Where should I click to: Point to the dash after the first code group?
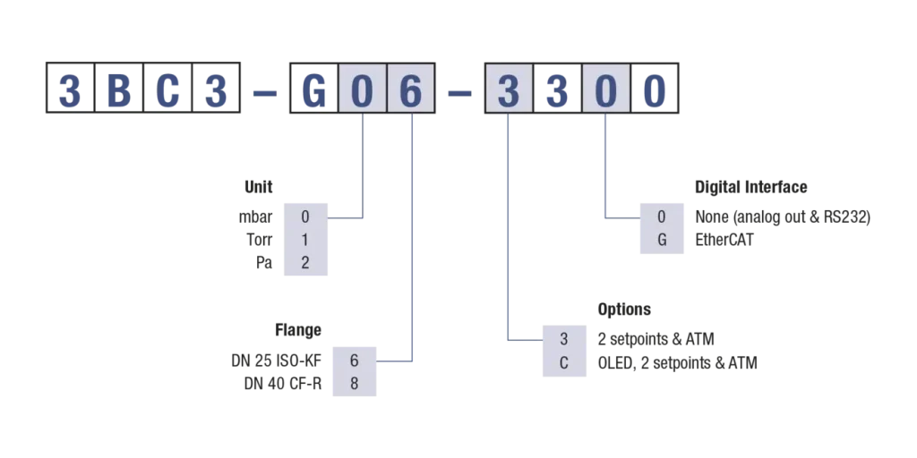(x=264, y=91)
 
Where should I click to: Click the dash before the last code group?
(x=458, y=91)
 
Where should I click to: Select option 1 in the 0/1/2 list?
(x=304, y=241)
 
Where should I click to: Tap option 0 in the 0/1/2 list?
(x=304, y=217)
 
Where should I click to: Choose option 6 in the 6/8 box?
(x=355, y=360)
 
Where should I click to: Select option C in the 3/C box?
(x=563, y=363)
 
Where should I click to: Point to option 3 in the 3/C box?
(x=563, y=340)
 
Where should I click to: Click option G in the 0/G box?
(x=662, y=240)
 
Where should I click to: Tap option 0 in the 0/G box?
(x=662, y=217)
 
